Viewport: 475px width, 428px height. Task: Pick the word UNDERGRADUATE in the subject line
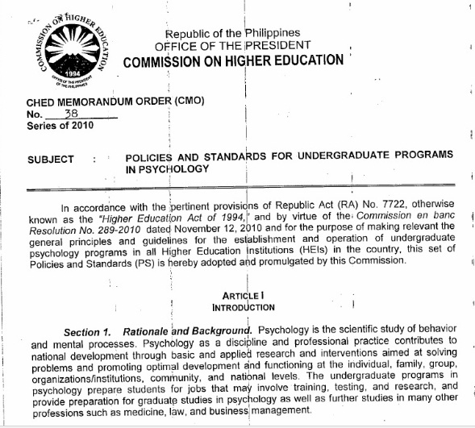tap(327, 154)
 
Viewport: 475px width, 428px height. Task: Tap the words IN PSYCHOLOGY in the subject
tap(167, 168)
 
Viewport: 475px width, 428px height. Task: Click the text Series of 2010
tap(60, 126)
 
